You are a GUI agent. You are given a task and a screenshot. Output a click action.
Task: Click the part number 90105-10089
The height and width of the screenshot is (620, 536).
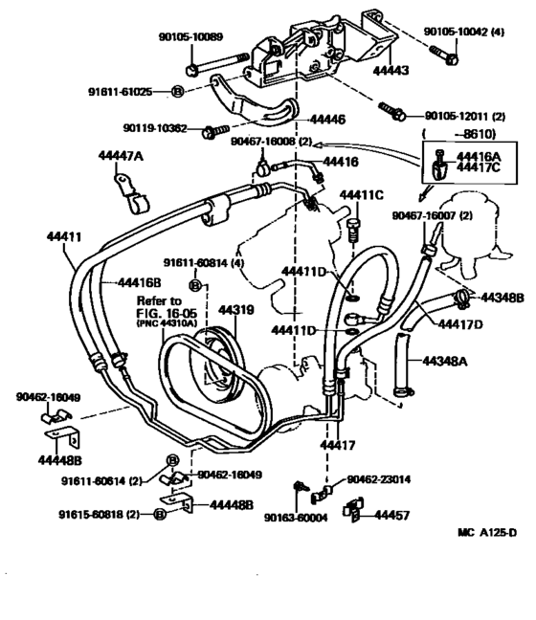pyautogui.click(x=190, y=37)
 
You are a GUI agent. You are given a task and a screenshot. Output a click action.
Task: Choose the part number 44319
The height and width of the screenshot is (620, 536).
pyautogui.click(x=235, y=310)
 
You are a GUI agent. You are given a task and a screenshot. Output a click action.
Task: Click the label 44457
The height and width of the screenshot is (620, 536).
pyautogui.click(x=392, y=515)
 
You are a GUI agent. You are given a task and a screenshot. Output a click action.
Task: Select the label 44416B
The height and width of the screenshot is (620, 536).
pyautogui.click(x=140, y=282)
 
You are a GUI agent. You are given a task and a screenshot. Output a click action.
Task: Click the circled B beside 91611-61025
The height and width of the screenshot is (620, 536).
pyautogui.click(x=177, y=91)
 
